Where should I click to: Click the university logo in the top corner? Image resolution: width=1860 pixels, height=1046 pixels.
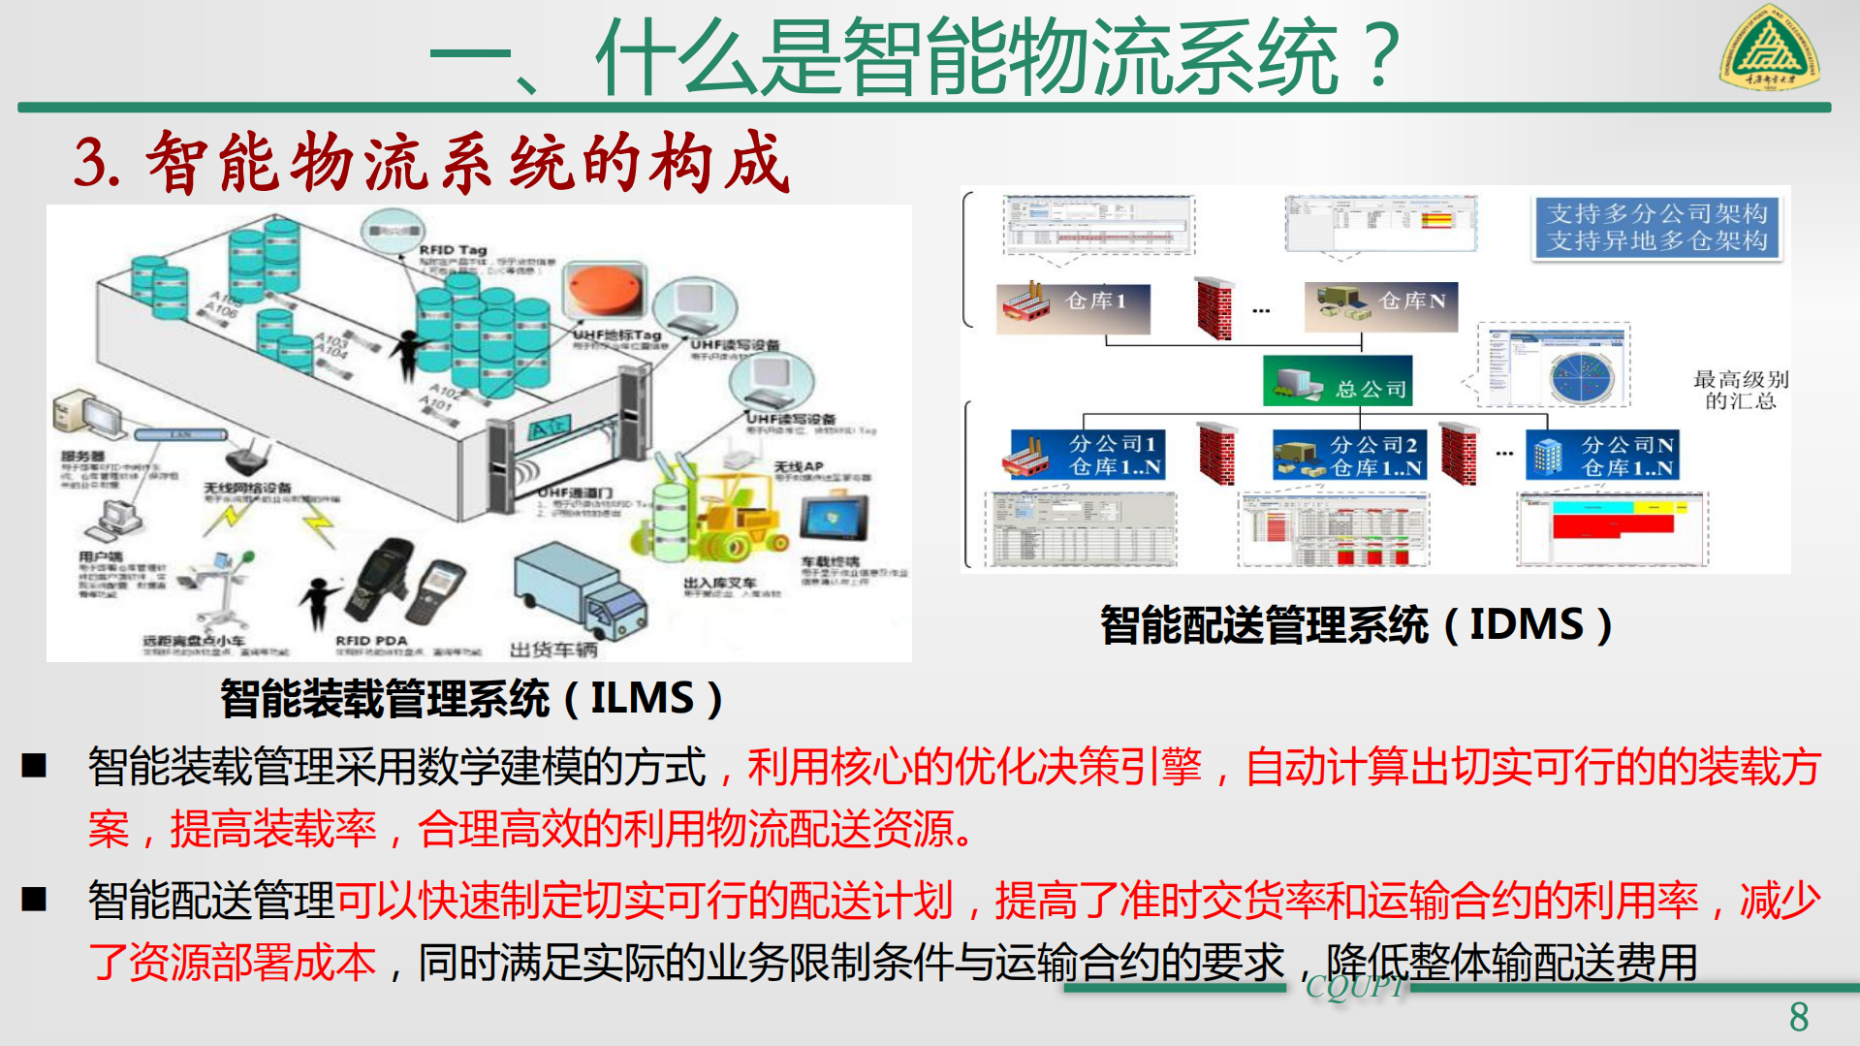[1769, 48]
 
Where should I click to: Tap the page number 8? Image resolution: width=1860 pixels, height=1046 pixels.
[1799, 1017]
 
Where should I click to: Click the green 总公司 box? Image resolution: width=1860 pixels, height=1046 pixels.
[1338, 381]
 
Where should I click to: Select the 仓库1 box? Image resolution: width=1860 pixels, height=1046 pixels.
[1074, 307]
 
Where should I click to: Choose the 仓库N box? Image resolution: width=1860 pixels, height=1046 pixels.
[1381, 306]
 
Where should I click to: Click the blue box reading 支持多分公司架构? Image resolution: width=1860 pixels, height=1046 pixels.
[1656, 227]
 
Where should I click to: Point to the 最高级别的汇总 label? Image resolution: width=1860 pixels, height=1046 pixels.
[1740, 390]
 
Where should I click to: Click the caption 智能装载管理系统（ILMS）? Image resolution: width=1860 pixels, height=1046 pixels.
[471, 698]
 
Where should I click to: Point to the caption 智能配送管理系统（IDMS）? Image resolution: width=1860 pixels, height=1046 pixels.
[1356, 624]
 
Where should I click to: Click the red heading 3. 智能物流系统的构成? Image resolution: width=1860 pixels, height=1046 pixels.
[432, 162]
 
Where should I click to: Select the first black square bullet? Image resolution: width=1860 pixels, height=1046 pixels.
[35, 766]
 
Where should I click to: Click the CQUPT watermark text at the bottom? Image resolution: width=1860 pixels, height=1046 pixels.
[1353, 987]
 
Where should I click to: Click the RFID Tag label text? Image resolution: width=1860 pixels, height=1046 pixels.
[453, 250]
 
